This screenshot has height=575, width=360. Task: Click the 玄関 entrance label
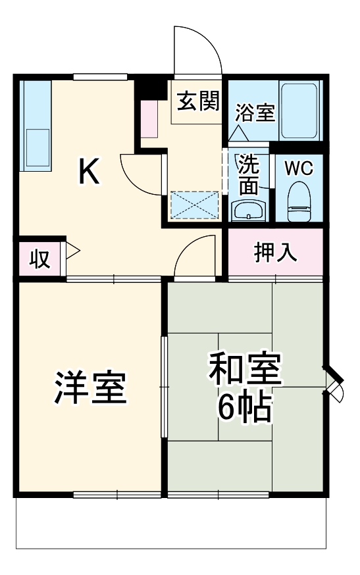point(197,102)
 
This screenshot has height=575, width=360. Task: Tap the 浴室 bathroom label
point(255,112)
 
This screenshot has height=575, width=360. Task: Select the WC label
point(299,167)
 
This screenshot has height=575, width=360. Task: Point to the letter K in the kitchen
point(90,172)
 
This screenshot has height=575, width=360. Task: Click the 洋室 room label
point(90,388)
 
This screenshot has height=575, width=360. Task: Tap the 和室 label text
point(245,372)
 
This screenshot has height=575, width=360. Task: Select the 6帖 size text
point(245,409)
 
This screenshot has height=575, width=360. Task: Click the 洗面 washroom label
point(249,175)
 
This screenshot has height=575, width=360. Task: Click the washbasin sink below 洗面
point(249,211)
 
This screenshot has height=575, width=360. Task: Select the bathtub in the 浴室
point(300,111)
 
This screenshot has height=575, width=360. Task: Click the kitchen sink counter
point(37,125)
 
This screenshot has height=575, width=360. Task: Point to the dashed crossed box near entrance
point(195,205)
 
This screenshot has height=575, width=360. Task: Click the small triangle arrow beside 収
point(70,251)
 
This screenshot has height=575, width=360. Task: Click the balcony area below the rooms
point(171,523)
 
